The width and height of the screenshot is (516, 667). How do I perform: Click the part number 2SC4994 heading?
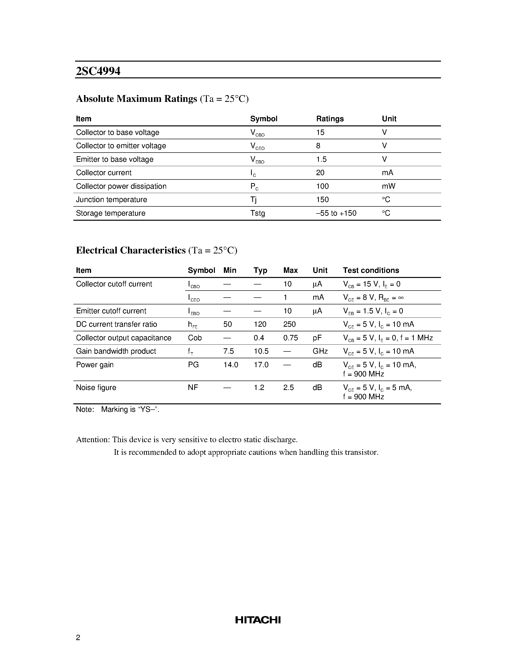pos(98,71)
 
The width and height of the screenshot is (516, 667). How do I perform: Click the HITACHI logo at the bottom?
pos(258,620)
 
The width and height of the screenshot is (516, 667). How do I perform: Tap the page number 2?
pos(78,637)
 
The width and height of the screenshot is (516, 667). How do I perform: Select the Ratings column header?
pos(330,119)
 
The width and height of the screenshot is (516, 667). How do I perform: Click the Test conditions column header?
pos(371,270)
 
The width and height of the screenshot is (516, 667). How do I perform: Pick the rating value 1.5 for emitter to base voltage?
pos(321,159)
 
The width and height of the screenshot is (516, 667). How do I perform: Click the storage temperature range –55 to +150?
pos(336,213)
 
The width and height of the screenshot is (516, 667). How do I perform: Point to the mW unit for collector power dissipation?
pos(389,186)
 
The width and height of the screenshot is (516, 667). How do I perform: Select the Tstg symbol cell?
pos(257,213)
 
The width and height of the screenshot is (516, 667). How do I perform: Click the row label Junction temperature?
pos(111,200)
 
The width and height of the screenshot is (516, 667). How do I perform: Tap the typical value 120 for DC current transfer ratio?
pos(260,324)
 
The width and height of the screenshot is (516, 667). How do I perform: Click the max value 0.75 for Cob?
pos(290,338)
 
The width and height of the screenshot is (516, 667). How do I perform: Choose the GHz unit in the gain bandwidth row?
pos(320,351)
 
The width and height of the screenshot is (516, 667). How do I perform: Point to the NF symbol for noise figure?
pos(193,388)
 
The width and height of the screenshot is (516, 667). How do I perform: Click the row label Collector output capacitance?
pos(124,338)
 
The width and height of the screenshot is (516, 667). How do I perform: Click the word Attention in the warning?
pos(93,440)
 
